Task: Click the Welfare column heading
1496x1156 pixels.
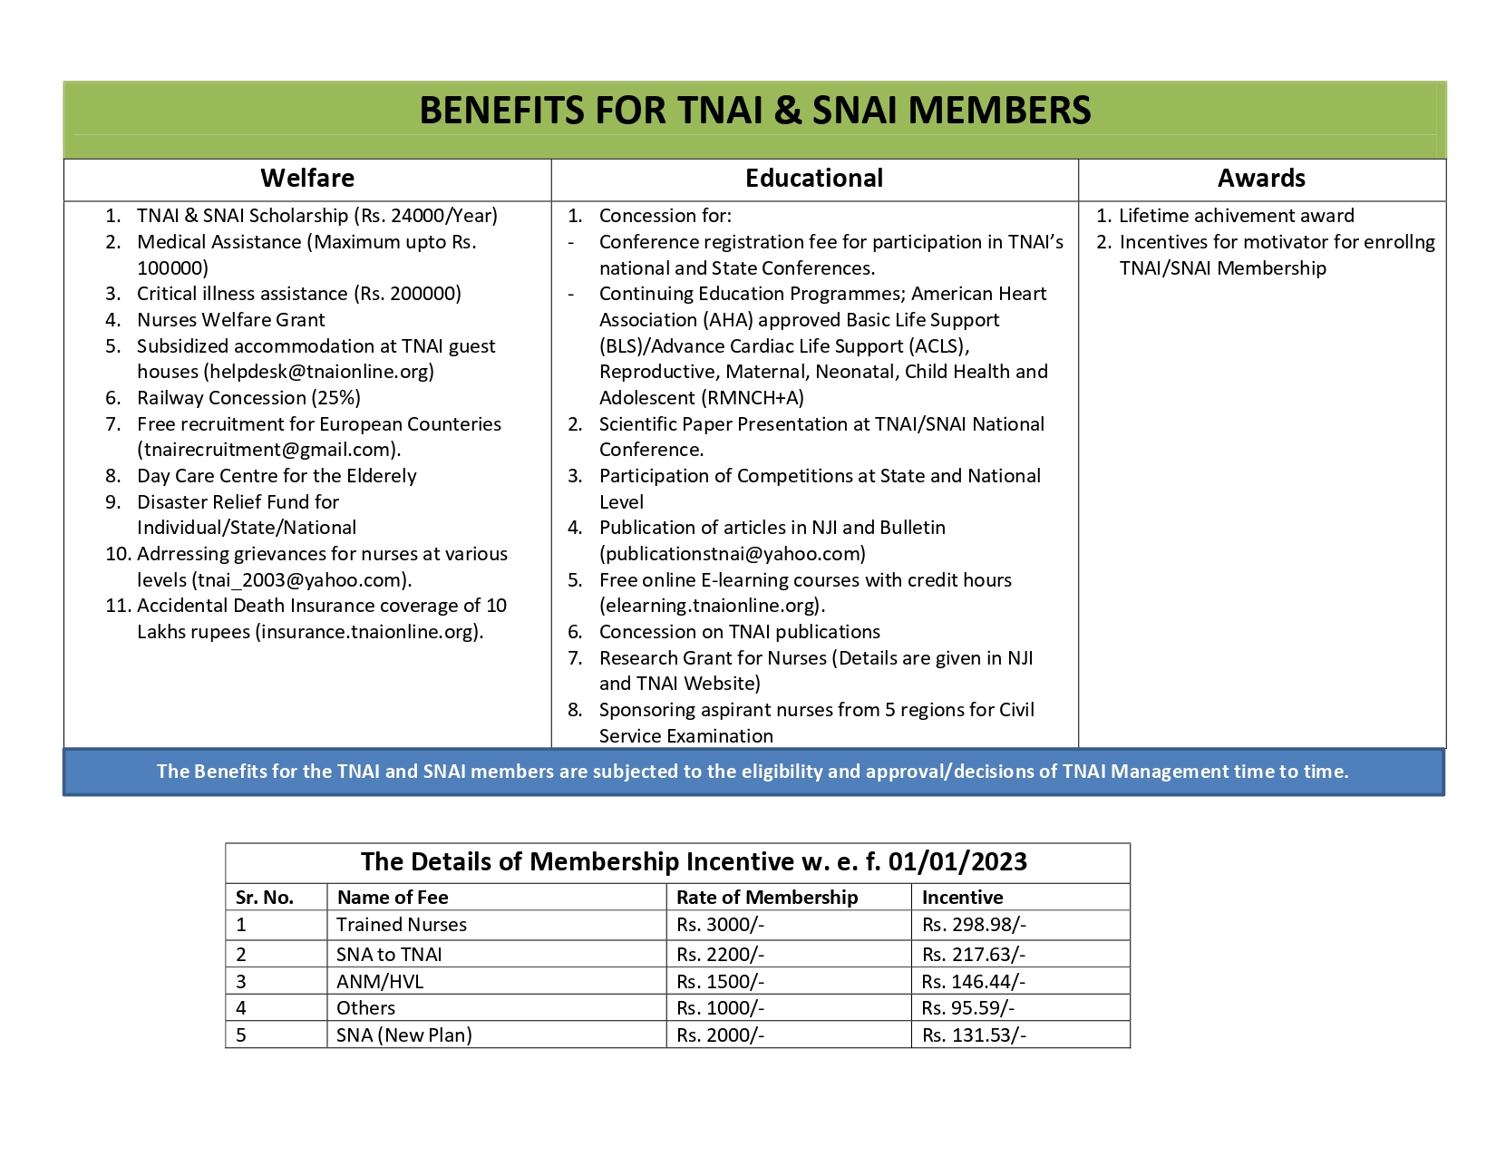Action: (307, 179)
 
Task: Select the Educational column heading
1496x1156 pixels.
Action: (814, 179)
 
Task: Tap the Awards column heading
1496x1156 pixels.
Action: (1261, 179)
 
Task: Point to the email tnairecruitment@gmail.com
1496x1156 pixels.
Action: (268, 450)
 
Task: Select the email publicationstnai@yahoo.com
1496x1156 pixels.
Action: (732, 554)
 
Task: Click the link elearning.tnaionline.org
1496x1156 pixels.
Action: (711, 606)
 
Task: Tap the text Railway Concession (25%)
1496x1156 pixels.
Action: (248, 398)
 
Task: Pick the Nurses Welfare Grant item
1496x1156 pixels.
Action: (230, 320)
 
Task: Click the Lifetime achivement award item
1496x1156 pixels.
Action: (1236, 216)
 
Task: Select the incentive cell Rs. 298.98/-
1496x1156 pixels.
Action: (974, 925)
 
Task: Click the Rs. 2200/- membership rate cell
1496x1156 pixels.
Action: (720, 955)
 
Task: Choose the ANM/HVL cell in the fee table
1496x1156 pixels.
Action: (380, 982)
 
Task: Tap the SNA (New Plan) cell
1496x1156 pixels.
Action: (403, 1035)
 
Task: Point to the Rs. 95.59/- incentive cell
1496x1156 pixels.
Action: (968, 1008)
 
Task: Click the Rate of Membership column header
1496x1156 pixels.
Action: (767, 898)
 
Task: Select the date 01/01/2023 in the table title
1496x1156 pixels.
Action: (957, 861)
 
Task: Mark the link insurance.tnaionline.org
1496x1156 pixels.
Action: (370, 632)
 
